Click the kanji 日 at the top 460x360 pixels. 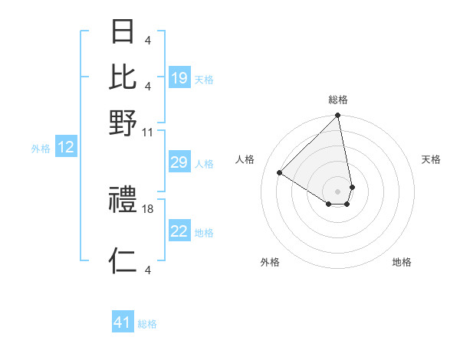[123, 33]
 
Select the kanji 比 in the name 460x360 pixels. [123, 77]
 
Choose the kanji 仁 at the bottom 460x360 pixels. [123, 262]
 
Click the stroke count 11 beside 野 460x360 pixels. [148, 133]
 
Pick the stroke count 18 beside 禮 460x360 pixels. [148, 208]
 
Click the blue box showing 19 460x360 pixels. [179, 79]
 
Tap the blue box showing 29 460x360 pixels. [179, 163]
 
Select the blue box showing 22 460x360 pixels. [179, 232]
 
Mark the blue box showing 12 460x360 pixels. [66, 149]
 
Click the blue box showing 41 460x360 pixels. [123, 323]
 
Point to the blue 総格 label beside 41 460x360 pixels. [147, 324]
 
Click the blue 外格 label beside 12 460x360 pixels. [41, 149]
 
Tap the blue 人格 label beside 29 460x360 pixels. [204, 164]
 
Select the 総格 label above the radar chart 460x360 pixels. [338, 100]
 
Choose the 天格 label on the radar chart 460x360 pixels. [431, 159]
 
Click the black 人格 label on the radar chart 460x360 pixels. [245, 159]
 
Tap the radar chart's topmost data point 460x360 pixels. [337, 116]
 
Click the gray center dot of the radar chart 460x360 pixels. [337, 191]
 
